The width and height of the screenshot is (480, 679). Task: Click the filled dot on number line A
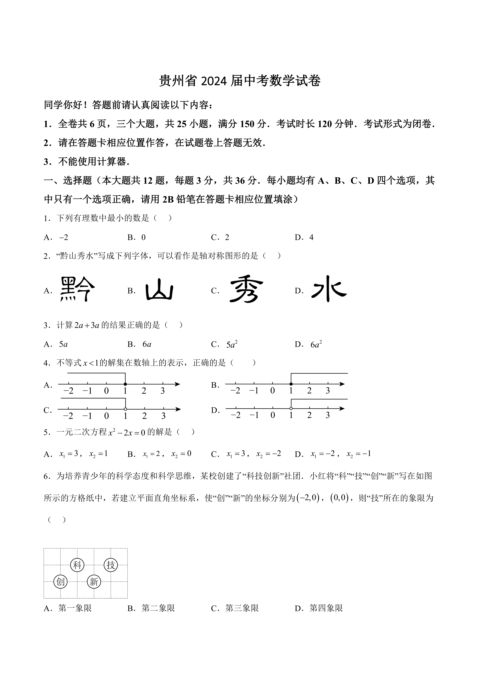tap(125, 384)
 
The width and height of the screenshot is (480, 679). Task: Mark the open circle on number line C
tap(126, 409)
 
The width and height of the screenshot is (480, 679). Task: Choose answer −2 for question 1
tap(64, 237)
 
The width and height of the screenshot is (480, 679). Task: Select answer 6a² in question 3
tap(316, 344)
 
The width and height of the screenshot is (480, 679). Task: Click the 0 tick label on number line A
tap(106, 391)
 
